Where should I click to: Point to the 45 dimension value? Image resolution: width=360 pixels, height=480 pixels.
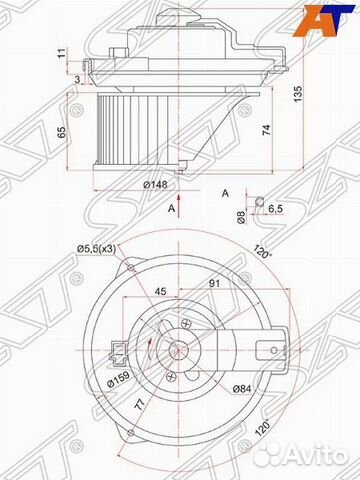pyautogui.click(x=161, y=294)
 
